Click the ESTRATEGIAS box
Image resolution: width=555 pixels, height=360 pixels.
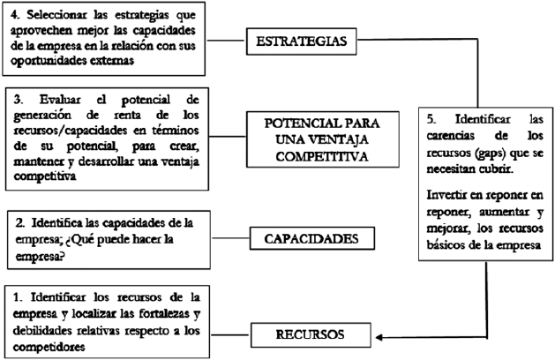[x=308, y=40]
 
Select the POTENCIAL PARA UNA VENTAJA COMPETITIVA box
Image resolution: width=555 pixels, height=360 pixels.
[x=314, y=136]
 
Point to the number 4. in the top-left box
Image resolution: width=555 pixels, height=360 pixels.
[x=16, y=14]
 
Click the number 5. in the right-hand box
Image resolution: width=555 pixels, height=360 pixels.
[x=434, y=118]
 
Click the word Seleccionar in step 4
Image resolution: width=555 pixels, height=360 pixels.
[x=60, y=14]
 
